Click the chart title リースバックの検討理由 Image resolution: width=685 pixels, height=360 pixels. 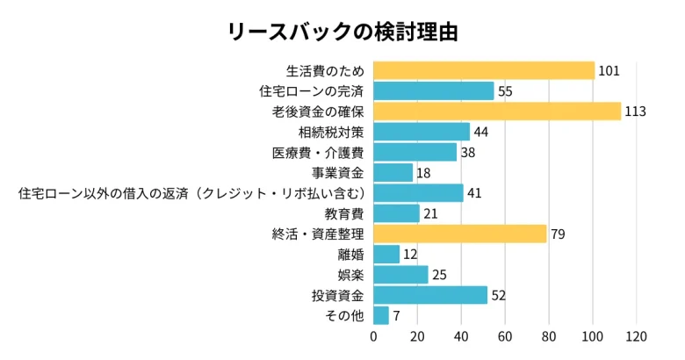(x=342, y=32)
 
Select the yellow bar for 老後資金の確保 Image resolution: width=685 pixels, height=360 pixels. (x=497, y=112)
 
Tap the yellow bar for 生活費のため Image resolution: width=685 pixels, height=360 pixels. (x=484, y=70)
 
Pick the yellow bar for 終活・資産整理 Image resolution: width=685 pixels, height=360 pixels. (x=459, y=234)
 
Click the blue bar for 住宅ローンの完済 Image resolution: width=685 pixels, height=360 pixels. (x=434, y=91)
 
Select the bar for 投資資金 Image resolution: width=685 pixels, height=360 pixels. (x=430, y=295)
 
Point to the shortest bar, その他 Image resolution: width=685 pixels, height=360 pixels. (x=381, y=315)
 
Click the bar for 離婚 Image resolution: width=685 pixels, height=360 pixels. (x=386, y=255)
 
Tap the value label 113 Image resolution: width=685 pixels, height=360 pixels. (x=636, y=112)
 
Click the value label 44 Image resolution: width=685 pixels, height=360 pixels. (x=481, y=132)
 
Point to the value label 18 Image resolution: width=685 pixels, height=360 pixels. (x=423, y=173)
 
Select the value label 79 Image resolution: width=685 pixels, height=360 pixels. (x=558, y=234)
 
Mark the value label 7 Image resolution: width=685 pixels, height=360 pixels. (x=397, y=315)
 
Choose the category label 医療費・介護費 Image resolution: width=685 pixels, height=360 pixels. (x=318, y=153)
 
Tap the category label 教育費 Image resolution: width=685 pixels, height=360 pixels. (x=344, y=213)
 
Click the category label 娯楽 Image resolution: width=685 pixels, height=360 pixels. (x=350, y=275)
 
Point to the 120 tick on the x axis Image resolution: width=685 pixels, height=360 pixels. (x=637, y=336)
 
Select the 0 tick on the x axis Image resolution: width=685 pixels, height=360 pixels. (x=373, y=336)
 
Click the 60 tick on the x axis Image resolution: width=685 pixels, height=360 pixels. (x=505, y=336)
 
